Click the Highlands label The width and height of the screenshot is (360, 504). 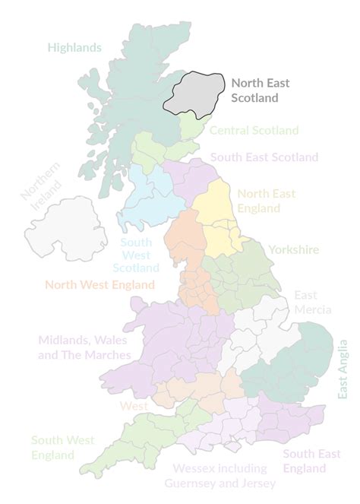pos(74,47)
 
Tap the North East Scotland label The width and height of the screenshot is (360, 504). pos(261,90)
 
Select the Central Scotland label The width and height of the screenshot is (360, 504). pos(254,131)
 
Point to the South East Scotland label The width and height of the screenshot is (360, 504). pos(264,157)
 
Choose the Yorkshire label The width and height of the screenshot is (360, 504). pos(293,249)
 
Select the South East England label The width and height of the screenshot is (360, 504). pos(311,460)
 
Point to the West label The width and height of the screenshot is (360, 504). pos(134,406)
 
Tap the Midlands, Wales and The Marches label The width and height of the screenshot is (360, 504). pos(84,347)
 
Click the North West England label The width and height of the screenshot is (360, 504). pos(99,286)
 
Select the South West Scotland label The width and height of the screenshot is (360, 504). pos(136,255)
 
